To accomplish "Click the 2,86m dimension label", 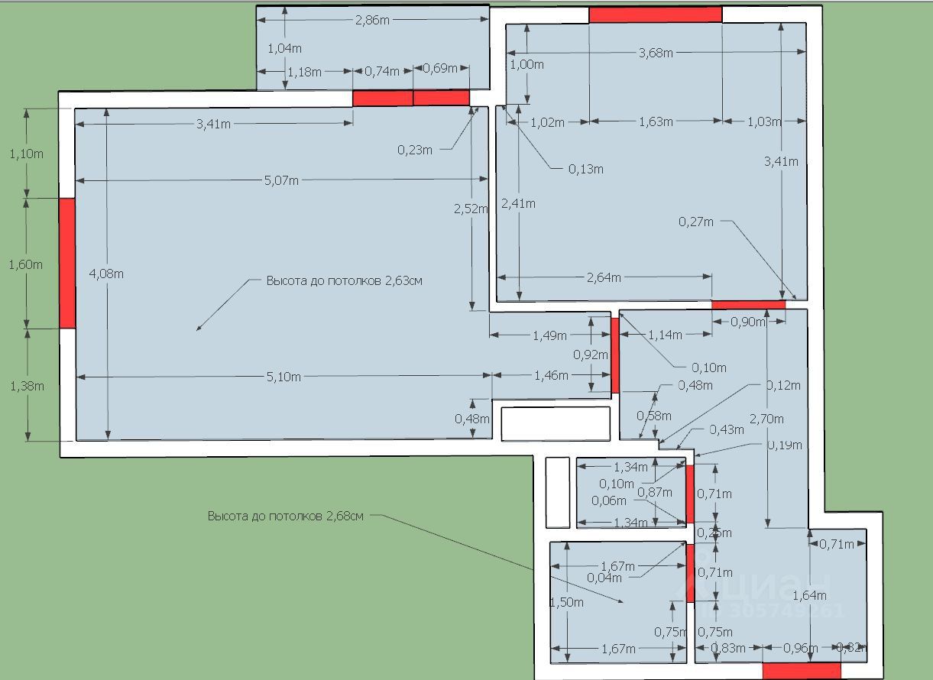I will pos(372,21).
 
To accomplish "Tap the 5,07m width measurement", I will pos(281,180).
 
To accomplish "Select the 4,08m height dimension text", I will pos(107,273).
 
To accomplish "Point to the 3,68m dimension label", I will pos(656,53).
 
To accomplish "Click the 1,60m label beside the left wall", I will pos(25,264).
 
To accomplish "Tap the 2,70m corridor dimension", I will pos(766,418).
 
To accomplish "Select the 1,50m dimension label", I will pos(567,602).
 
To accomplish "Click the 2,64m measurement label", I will pos(604,277).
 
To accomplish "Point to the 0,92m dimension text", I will pos(591,355).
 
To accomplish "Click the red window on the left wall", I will pos(67,263).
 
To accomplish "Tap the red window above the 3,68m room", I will pos(655,15).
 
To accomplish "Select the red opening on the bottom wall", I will pos(802,670).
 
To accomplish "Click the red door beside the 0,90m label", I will pos(748,305).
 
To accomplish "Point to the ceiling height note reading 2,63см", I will pos(344,280).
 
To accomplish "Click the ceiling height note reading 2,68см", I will pos(286,516).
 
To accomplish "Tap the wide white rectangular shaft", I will pos(556,423).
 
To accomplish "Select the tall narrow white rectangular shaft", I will pos(558,492).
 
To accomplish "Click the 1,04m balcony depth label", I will pos(283,48).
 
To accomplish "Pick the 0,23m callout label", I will pos(415,150).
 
